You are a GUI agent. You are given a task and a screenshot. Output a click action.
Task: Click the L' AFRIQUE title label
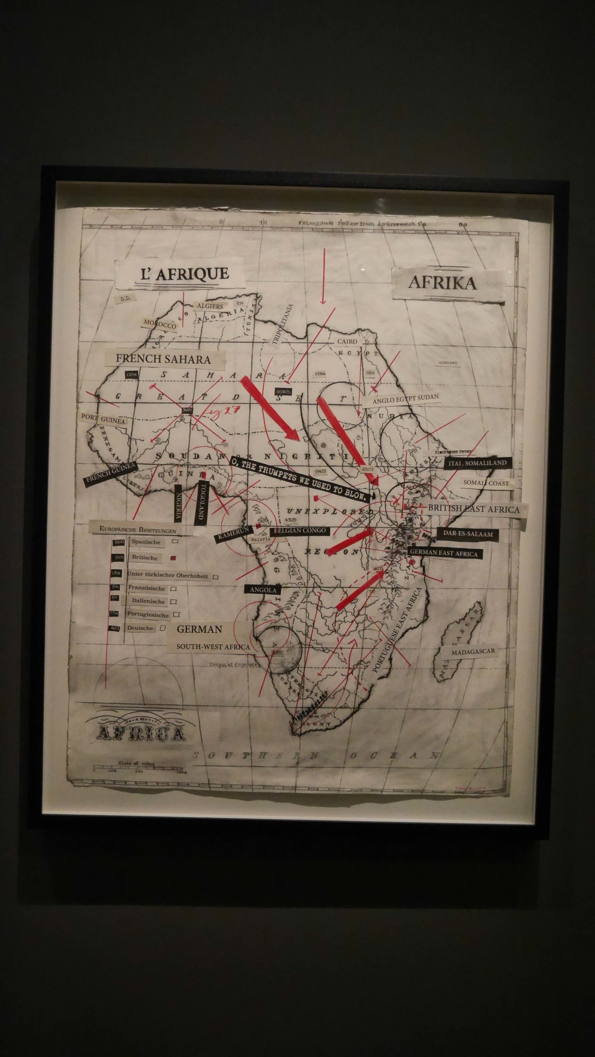(x=184, y=274)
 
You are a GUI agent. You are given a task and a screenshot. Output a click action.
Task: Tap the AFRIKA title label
(x=442, y=283)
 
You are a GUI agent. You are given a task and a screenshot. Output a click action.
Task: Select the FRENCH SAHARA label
(x=163, y=359)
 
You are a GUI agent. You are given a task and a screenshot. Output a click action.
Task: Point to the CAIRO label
(x=347, y=342)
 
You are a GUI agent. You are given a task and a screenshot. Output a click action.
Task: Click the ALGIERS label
(x=210, y=306)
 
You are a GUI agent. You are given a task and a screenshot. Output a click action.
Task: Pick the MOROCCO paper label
(x=160, y=325)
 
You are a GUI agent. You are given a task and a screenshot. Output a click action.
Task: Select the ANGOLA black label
(x=263, y=590)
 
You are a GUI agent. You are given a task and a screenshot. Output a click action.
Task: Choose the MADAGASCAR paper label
(x=472, y=652)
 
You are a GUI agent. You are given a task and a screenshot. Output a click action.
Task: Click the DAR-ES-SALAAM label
(x=468, y=534)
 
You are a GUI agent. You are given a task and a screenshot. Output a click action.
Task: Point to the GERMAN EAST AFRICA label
(x=443, y=553)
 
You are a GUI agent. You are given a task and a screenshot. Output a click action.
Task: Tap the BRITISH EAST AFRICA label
(x=473, y=509)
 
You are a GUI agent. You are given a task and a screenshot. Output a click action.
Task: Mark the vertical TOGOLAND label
(x=202, y=504)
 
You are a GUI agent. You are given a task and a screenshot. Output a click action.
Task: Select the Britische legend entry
(x=145, y=557)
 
